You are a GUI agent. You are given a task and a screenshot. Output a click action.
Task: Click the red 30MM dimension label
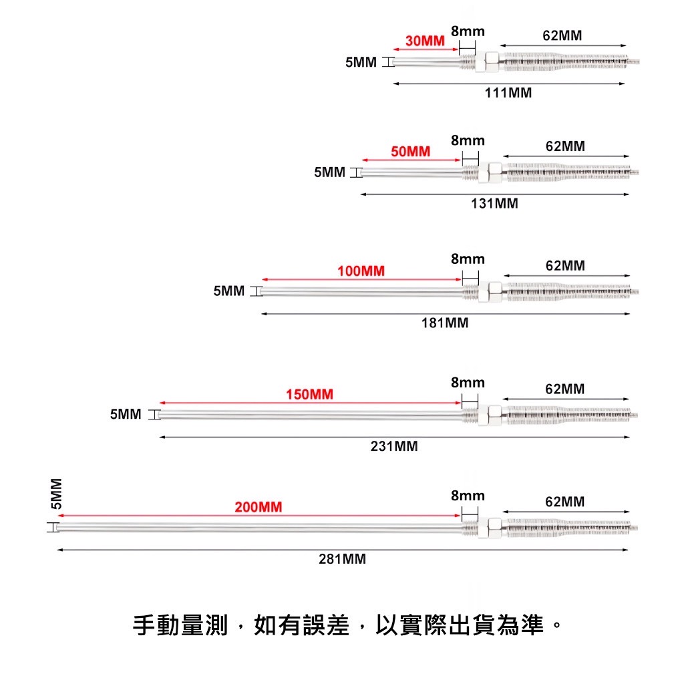tap(425, 41)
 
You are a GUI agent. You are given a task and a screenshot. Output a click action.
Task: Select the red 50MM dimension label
tap(411, 152)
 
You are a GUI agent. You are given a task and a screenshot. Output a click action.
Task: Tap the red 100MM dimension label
tap(361, 271)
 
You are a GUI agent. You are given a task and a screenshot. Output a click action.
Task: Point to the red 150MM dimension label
tap(309, 394)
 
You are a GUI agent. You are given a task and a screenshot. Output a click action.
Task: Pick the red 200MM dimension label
tap(259, 507)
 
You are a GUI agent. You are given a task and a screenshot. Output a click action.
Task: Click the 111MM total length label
tap(508, 93)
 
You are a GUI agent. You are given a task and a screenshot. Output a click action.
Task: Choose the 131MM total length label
tap(494, 204)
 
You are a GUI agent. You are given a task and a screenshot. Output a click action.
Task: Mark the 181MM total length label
tap(445, 323)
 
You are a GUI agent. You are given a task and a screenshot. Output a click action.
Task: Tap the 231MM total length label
tap(394, 446)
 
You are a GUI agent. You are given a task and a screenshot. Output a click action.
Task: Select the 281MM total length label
tap(343, 559)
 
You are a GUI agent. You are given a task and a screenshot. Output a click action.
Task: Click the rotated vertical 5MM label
tap(56, 494)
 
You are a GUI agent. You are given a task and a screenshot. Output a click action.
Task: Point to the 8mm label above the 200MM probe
tap(468, 496)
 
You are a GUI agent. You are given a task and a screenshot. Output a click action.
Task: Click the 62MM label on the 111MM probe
tap(562, 36)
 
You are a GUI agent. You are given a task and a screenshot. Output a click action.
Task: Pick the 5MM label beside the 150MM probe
tap(126, 414)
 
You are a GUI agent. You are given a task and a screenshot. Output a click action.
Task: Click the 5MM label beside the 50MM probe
tap(330, 172)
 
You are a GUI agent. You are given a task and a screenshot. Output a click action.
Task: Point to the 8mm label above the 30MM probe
tap(468, 31)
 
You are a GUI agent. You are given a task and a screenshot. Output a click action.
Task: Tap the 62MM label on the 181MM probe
tap(565, 266)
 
